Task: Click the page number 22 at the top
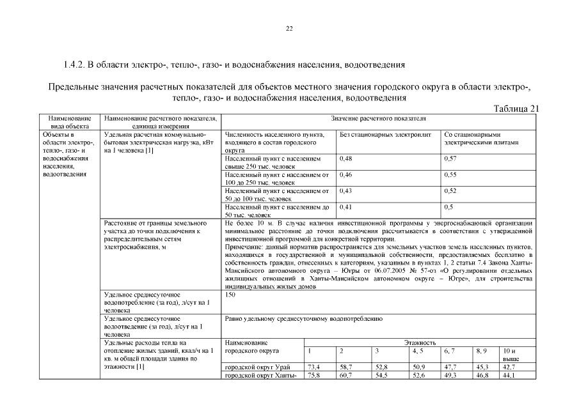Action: (289, 29)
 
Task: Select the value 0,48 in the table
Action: (345, 158)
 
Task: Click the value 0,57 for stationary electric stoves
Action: (450, 158)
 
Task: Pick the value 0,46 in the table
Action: (345, 174)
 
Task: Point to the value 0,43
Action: (345, 190)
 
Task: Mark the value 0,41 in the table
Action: (345, 207)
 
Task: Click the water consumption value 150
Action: (231, 295)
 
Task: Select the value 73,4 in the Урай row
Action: (313, 367)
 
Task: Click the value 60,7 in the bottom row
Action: (345, 376)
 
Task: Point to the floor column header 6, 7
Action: (449, 351)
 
